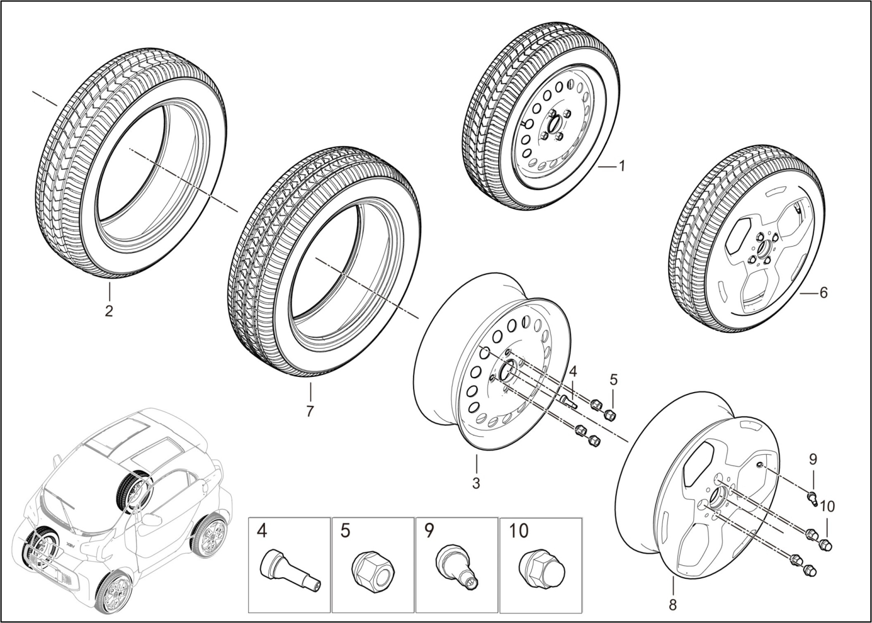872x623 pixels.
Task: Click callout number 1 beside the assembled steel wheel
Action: click(620, 166)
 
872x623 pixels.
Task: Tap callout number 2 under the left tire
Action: click(109, 311)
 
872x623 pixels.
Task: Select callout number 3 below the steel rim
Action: click(476, 482)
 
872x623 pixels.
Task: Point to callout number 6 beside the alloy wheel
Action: click(823, 293)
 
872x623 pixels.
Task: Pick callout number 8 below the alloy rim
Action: click(673, 604)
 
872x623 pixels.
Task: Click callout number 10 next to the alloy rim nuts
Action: click(827, 506)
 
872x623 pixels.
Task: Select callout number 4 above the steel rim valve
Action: click(572, 371)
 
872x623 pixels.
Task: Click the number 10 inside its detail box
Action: click(518, 531)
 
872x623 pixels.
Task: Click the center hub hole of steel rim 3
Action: click(508, 371)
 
